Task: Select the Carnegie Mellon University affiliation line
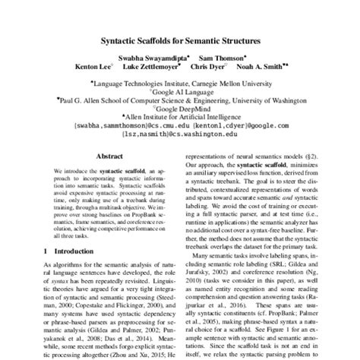(x=180, y=77)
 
